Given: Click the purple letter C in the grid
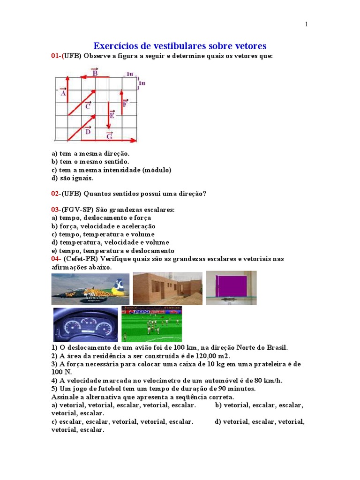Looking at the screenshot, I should [x=88, y=106].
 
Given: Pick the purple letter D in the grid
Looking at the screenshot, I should [x=88, y=131].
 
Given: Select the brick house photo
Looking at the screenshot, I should [x=167, y=289].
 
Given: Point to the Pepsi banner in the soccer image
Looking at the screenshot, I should [x=146, y=311].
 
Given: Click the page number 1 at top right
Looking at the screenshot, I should [x=306, y=24].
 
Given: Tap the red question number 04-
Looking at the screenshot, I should [x=56, y=259].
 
